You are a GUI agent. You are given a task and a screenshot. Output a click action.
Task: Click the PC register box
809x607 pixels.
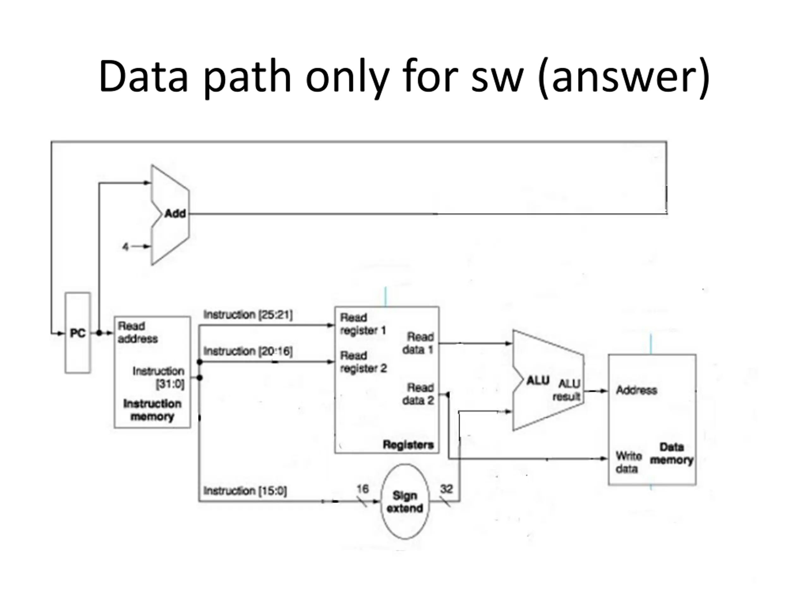coord(77,333)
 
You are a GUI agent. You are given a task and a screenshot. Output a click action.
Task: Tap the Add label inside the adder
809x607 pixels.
coord(175,213)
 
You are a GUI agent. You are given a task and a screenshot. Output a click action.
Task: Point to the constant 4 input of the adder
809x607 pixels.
coord(125,247)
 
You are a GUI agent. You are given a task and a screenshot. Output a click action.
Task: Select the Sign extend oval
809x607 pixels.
coord(404,502)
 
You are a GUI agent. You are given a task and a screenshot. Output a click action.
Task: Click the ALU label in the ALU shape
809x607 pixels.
coord(537,381)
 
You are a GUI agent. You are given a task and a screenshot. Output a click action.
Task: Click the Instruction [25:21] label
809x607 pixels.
coord(248,315)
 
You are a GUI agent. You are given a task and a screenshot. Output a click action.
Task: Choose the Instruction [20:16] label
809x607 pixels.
coord(248,351)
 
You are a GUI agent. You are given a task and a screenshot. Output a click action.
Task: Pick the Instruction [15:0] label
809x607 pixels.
coord(245,491)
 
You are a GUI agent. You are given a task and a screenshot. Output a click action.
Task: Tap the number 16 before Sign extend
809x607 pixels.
coord(362,489)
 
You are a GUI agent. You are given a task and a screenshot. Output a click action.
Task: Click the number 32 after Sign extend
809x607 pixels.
coord(446,489)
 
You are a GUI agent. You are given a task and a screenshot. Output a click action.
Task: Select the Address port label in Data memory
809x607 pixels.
coord(636,390)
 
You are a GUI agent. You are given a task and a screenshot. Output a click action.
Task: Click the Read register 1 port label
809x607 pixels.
coord(363,324)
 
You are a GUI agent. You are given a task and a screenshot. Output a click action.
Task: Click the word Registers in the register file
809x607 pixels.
coord(408,445)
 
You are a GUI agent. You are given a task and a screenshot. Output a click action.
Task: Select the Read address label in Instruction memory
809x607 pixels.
coord(137,332)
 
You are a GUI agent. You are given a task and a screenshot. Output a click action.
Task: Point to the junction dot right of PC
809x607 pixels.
coord(99,333)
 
